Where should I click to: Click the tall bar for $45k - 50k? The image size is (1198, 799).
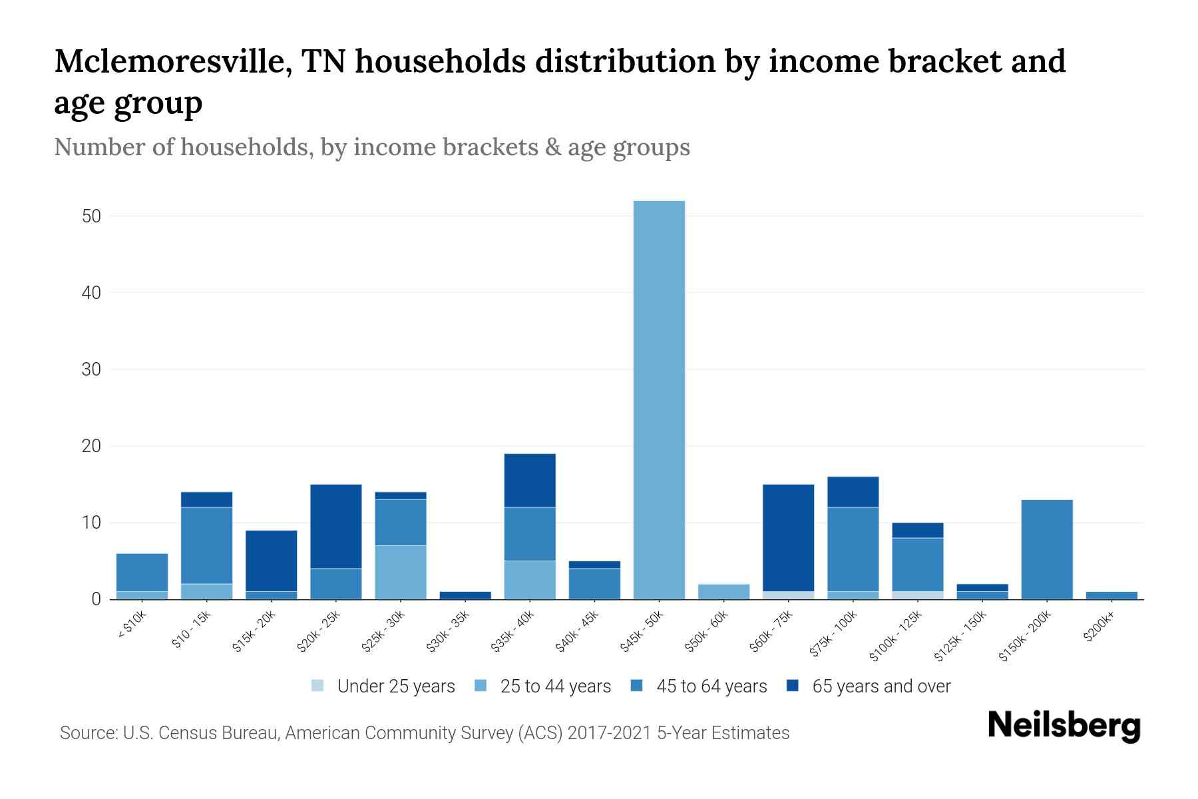tap(659, 400)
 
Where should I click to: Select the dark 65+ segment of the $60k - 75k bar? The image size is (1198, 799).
tap(788, 537)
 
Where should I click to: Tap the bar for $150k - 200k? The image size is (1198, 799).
tap(1047, 549)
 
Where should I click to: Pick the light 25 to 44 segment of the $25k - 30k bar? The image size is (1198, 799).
tap(401, 573)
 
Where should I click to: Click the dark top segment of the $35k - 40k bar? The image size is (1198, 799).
tap(530, 480)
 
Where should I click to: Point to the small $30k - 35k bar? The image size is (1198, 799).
tap(465, 595)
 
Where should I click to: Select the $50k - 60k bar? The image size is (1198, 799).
tap(723, 591)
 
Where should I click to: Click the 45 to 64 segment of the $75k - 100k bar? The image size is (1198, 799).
tap(853, 549)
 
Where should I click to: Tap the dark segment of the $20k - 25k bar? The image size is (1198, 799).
tap(336, 526)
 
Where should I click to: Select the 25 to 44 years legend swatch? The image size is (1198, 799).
tap(481, 686)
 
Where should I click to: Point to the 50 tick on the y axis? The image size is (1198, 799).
tap(91, 216)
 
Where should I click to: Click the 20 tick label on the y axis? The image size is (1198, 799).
tap(91, 446)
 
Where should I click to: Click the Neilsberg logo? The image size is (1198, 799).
tap(1064, 726)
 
